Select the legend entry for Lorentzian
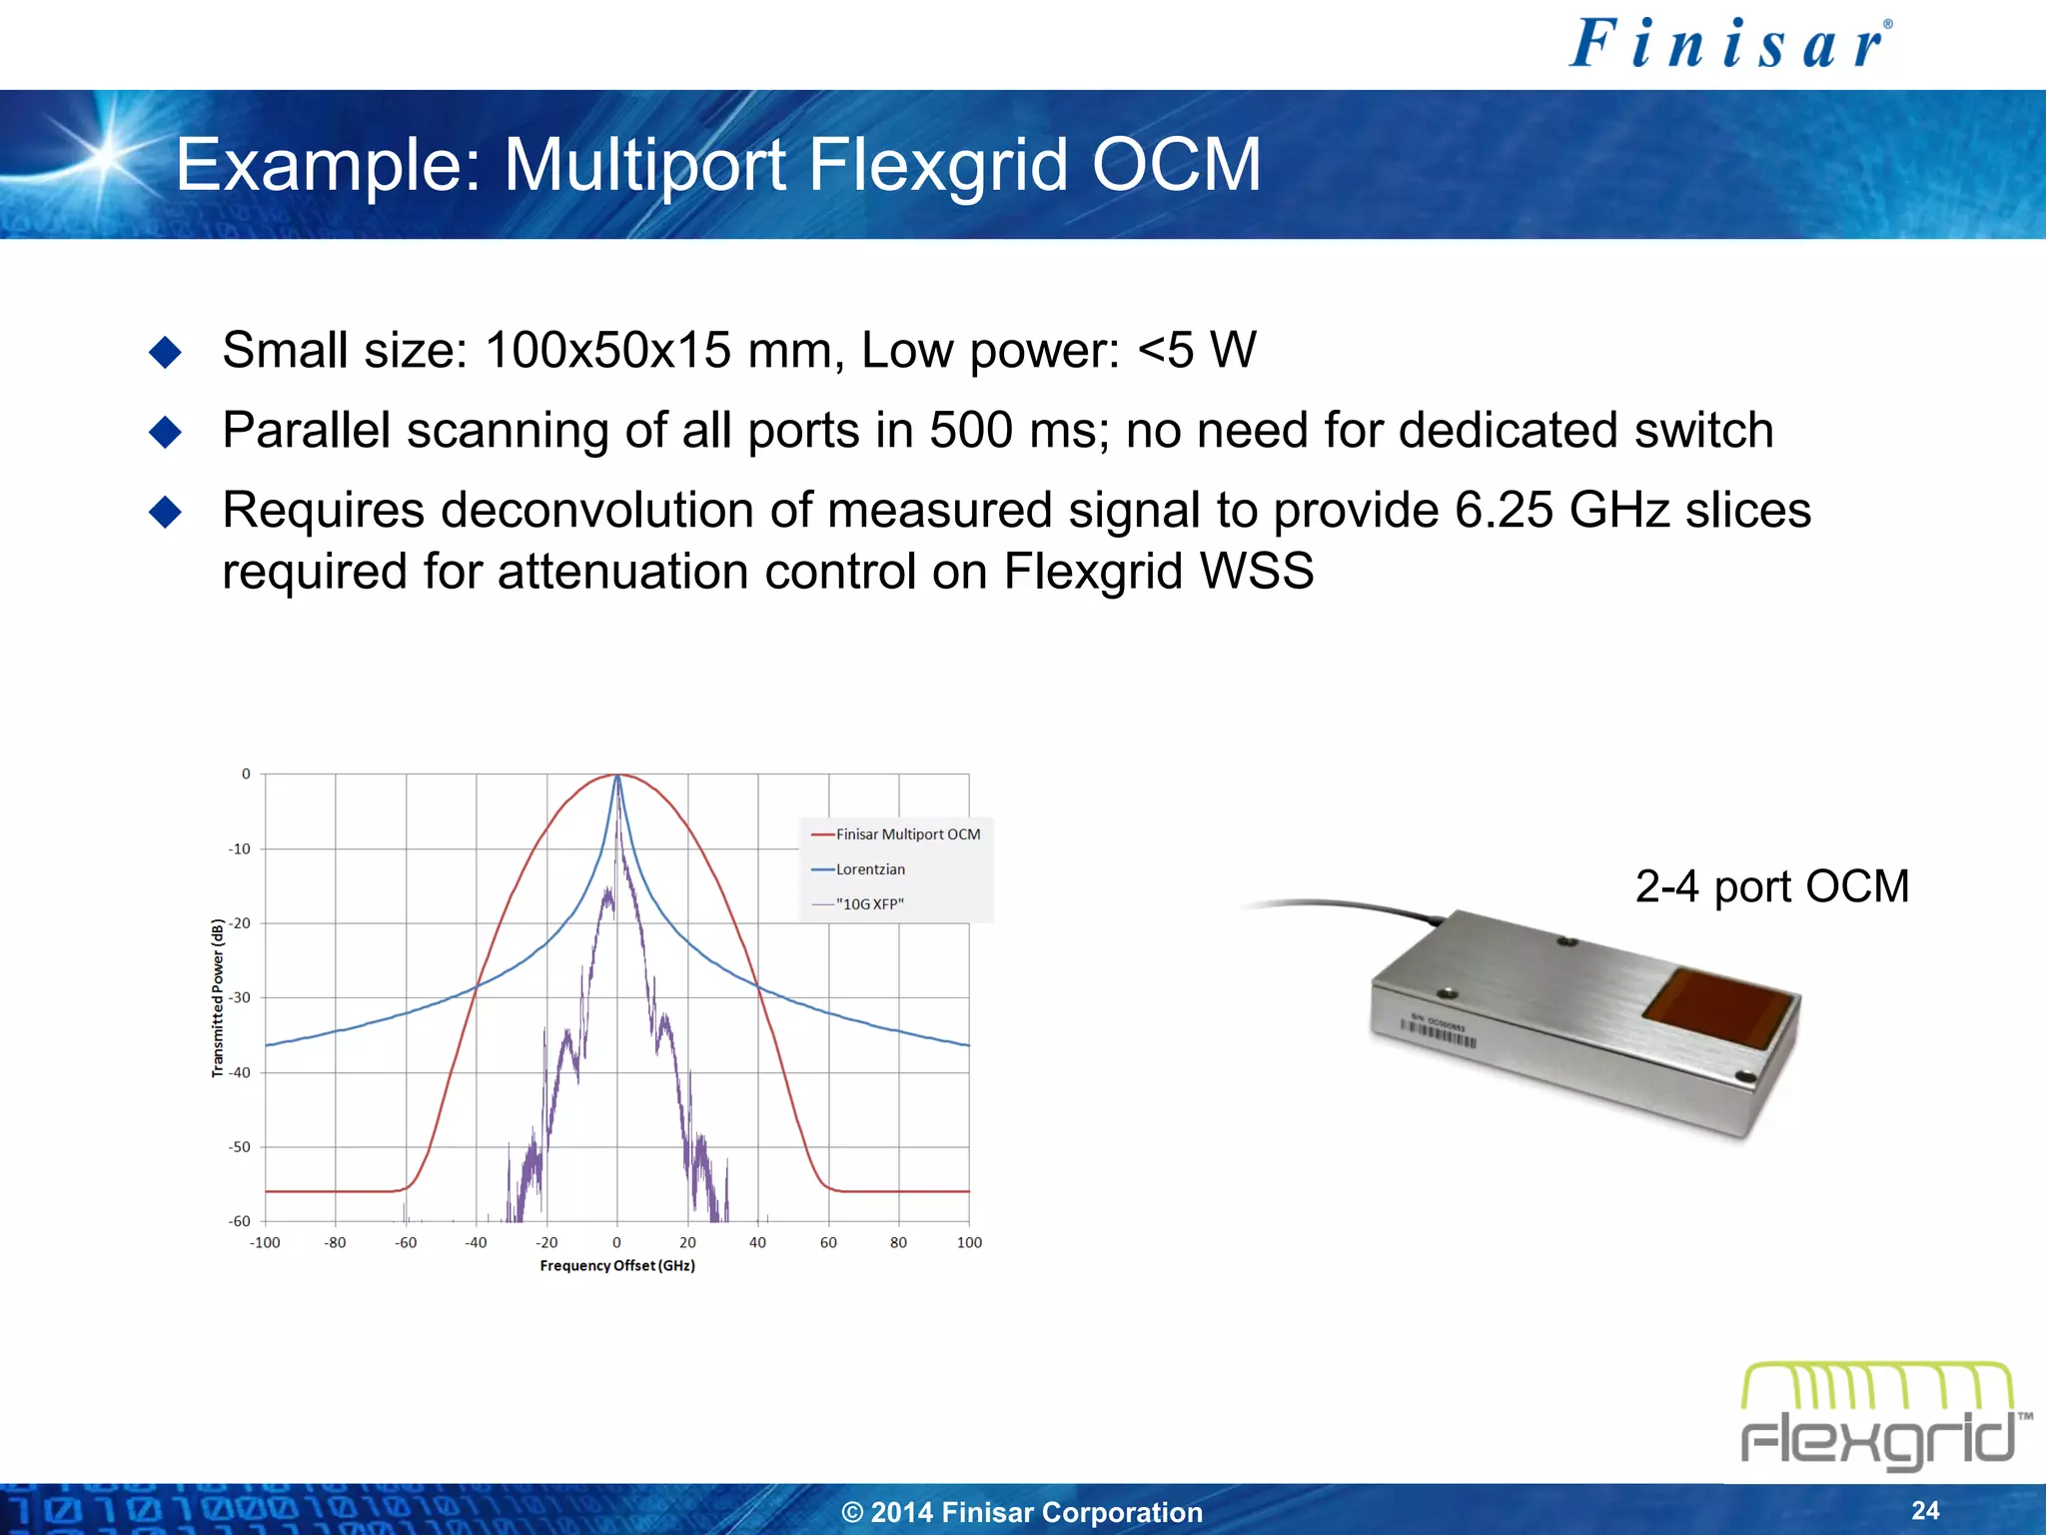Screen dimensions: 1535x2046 click(x=870, y=869)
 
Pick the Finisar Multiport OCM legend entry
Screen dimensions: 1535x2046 click(x=907, y=834)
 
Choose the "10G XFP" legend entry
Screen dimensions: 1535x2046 click(x=869, y=904)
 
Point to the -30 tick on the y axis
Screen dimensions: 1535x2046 click(x=240, y=997)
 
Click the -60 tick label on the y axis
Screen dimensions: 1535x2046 click(x=240, y=1221)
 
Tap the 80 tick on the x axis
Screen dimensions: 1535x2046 click(x=898, y=1242)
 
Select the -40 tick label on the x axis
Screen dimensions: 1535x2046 click(x=476, y=1242)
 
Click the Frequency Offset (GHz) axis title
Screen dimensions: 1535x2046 click(x=617, y=1266)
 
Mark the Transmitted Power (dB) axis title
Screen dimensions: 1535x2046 click(x=218, y=997)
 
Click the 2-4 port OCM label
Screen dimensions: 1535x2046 click(x=1771, y=886)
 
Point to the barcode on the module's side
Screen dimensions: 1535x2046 click(x=1438, y=1032)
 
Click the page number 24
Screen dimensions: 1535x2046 click(x=1925, y=1510)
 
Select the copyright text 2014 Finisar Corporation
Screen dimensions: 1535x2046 click(x=1022, y=1512)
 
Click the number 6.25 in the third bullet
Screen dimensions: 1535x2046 click(x=1504, y=511)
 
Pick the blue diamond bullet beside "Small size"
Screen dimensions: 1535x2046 click(x=165, y=352)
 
